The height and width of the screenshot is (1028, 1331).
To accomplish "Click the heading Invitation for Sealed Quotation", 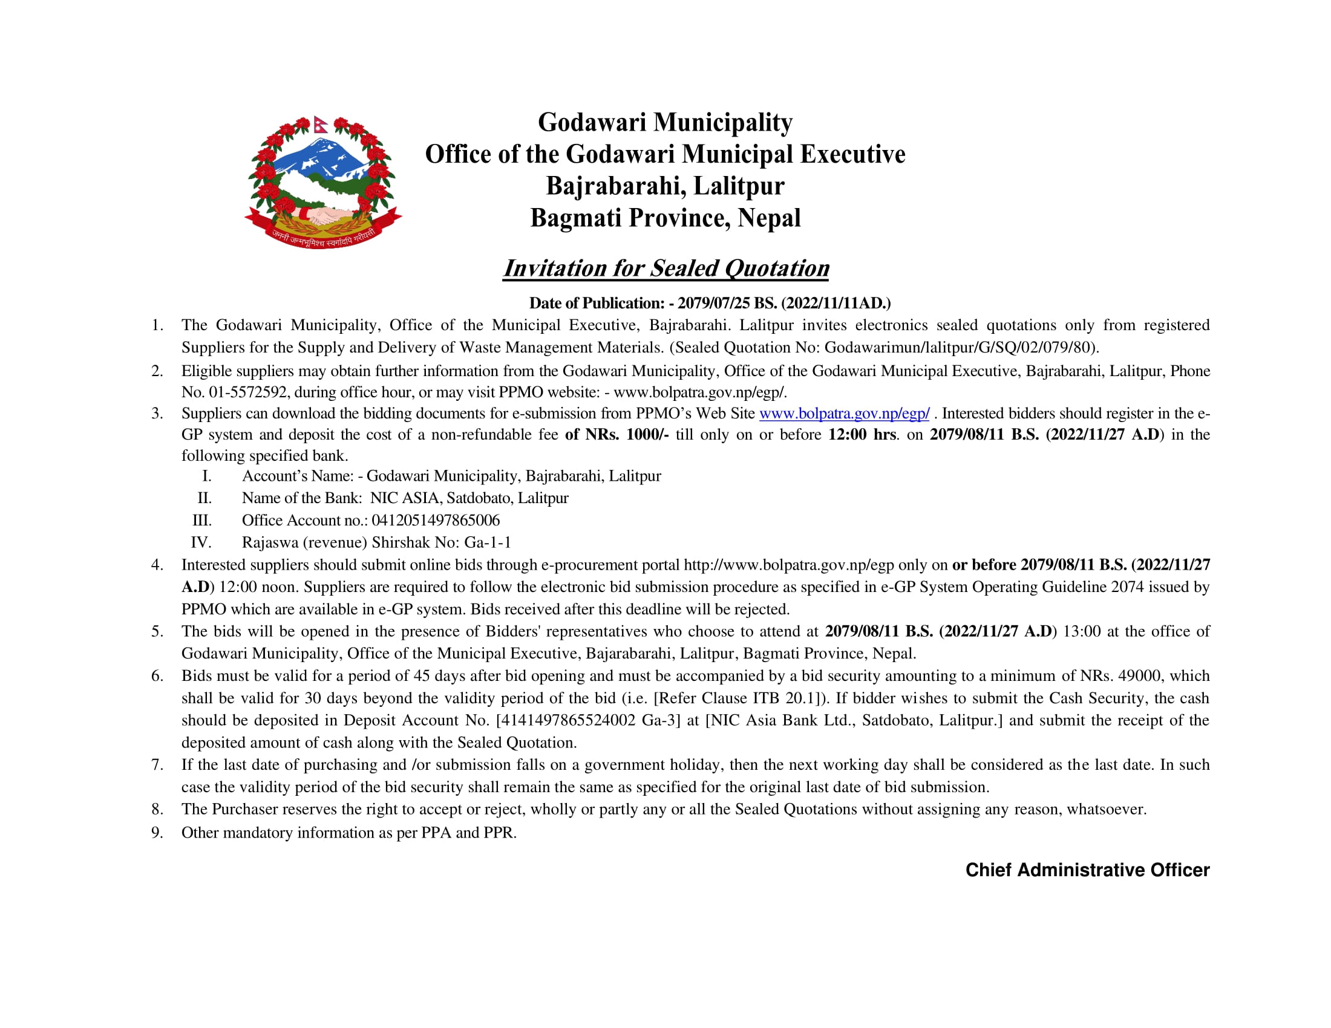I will pyautogui.click(x=665, y=268).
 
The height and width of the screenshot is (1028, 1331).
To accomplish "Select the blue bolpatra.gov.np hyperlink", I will pyautogui.click(x=844, y=414).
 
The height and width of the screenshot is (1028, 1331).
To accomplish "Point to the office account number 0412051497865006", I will pyautogui.click(x=435, y=521).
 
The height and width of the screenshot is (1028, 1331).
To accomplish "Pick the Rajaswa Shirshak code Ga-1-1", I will pyautogui.click(x=488, y=542).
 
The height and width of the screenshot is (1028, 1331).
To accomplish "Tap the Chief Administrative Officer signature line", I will pyautogui.click(x=1087, y=870).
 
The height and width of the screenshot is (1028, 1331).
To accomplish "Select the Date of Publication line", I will pyautogui.click(x=710, y=304).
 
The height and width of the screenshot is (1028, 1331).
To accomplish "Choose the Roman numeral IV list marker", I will pyautogui.click(x=200, y=542).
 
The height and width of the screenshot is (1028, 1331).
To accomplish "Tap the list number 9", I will pyautogui.click(x=157, y=833).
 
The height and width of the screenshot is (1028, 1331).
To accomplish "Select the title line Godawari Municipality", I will pyautogui.click(x=665, y=122).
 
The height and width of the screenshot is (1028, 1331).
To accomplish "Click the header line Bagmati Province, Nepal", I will pyautogui.click(x=665, y=218).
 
